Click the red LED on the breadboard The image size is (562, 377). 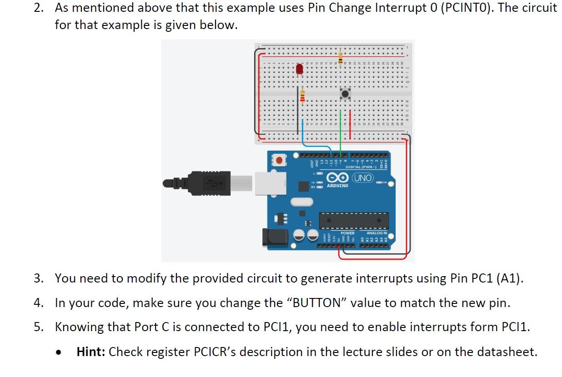pos(299,69)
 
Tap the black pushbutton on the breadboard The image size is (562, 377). pos(346,94)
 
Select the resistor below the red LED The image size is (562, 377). pos(303,97)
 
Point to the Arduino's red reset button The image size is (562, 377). pos(279,160)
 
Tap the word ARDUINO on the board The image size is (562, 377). pos(337,186)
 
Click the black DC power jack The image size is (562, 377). pos(276,237)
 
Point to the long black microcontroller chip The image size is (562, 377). pos(354,220)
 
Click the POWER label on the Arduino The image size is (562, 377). pos(347,233)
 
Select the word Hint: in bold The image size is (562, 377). pos(91,352)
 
